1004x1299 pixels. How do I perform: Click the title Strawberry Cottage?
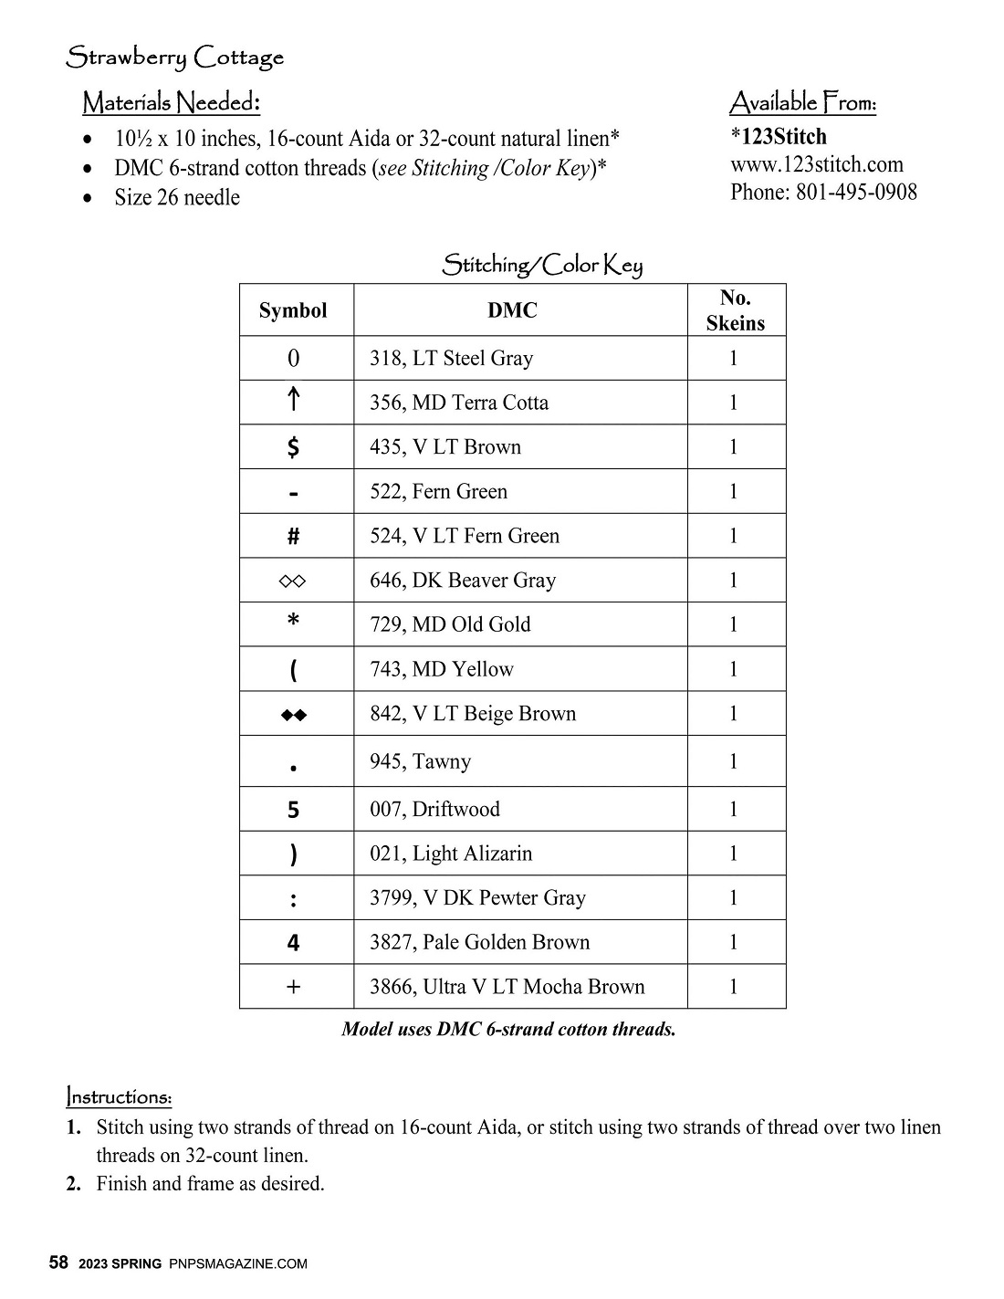pos(174,58)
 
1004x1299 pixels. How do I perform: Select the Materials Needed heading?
pos(171,102)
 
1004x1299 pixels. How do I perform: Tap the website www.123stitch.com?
pos(816,164)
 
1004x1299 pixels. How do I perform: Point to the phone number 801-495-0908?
pos(856,192)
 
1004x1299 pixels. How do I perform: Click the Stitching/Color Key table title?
pos(542,266)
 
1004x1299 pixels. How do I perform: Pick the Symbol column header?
pos(293,310)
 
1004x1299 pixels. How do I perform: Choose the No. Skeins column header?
pos(735,310)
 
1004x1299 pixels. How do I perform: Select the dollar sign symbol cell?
pos(293,446)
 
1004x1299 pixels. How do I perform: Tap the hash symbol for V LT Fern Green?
pos(293,536)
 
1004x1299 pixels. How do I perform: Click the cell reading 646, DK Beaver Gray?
pos(463,580)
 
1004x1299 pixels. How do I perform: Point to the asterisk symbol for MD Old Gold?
pos(293,623)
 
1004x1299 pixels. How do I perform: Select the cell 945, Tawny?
pos(420,761)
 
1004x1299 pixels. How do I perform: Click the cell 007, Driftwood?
pos(434,809)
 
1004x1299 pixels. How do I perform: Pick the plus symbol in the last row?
pos(293,987)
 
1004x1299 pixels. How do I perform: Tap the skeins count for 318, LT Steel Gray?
pos(734,358)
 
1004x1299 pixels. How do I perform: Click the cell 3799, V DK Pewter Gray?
pos(477,897)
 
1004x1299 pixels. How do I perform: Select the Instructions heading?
pos(119,1095)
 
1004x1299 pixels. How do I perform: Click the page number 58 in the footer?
pos(58,1263)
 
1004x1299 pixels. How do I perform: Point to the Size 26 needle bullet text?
pos(177,197)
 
